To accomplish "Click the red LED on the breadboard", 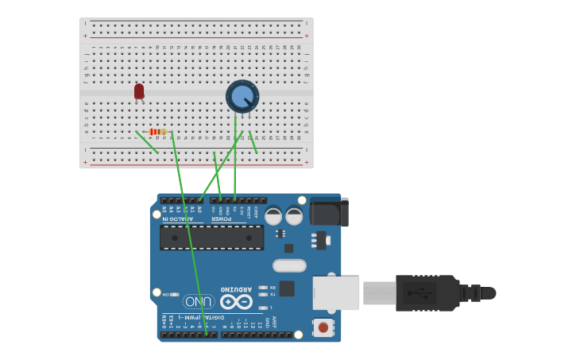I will pos(139,92).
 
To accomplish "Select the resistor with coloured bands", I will pos(158,132).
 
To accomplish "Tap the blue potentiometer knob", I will pos(242,97).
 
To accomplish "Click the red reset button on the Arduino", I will pos(323,327).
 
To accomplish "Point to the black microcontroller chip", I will pos(211,237).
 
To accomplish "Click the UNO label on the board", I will pos(199,301).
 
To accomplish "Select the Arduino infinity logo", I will pos(236,302).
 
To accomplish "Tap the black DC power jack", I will pos(329,212).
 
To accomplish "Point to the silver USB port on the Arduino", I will pos(336,293).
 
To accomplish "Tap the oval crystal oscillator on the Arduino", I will pos(289,265).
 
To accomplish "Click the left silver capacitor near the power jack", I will pos(273,215).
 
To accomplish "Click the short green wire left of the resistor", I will pos(147,142).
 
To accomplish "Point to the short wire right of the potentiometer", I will pos(253,142).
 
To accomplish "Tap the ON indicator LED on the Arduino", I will pos(176,294).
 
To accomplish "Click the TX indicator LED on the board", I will pos(263,294).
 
